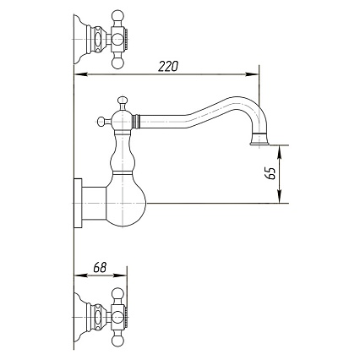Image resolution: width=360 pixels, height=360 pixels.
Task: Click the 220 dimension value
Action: click(168, 66)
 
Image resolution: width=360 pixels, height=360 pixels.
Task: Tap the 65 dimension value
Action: click(270, 173)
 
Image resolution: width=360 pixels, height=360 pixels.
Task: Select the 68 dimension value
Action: click(100, 268)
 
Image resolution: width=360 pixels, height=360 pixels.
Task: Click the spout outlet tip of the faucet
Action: click(260, 145)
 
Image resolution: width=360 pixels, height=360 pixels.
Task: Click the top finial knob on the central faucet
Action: click(123, 101)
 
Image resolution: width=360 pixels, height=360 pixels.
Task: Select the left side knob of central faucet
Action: click(101, 122)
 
